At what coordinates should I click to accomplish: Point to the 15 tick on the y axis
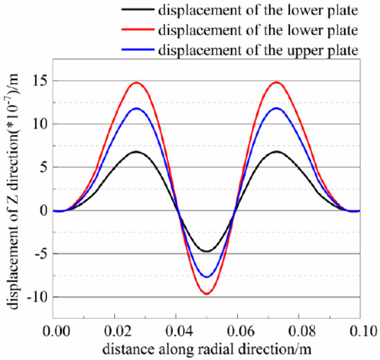pyautogui.click(x=39, y=81)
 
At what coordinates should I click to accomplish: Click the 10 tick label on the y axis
pyautogui.click(x=39, y=124)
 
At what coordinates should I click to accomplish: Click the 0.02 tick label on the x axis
pyautogui.click(x=115, y=331)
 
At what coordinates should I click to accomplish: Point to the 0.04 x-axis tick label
pyautogui.click(x=176, y=331)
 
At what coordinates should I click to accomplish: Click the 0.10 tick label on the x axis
pyautogui.click(x=359, y=331)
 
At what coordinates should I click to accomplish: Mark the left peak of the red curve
pyautogui.click(x=136, y=83)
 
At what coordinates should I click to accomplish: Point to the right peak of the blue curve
pyautogui.click(x=277, y=108)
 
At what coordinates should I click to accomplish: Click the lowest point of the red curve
pyautogui.click(x=206, y=294)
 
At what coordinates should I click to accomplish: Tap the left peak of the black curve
pyautogui.click(x=136, y=151)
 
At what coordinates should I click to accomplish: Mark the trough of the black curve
pyautogui.click(x=206, y=252)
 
